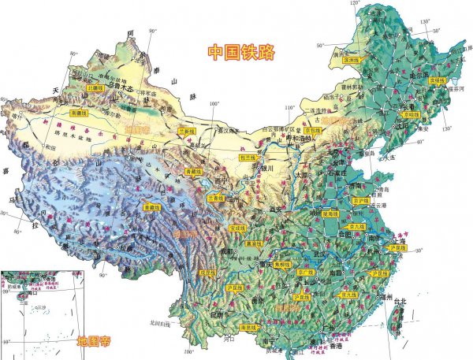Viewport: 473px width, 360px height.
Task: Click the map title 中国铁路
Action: pyautogui.click(x=241, y=53)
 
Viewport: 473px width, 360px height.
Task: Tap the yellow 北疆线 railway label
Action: pyautogui.click(x=96, y=87)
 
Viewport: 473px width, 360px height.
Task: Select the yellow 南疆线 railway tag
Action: pyautogui.click(x=79, y=113)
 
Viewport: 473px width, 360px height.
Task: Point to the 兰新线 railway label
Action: pyautogui.click(x=186, y=132)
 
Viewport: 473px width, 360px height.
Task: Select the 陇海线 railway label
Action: pyautogui.click(x=330, y=213)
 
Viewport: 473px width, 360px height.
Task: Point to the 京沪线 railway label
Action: pyautogui.click(x=360, y=202)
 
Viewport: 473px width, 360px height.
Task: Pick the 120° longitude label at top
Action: pyautogui.click(x=355, y=5)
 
